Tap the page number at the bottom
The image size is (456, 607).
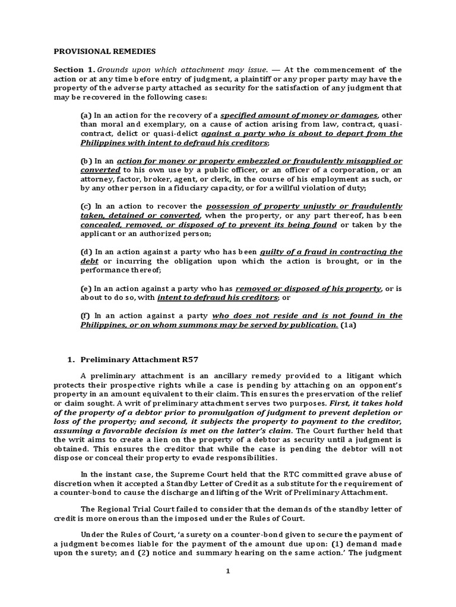[x=228, y=571]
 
